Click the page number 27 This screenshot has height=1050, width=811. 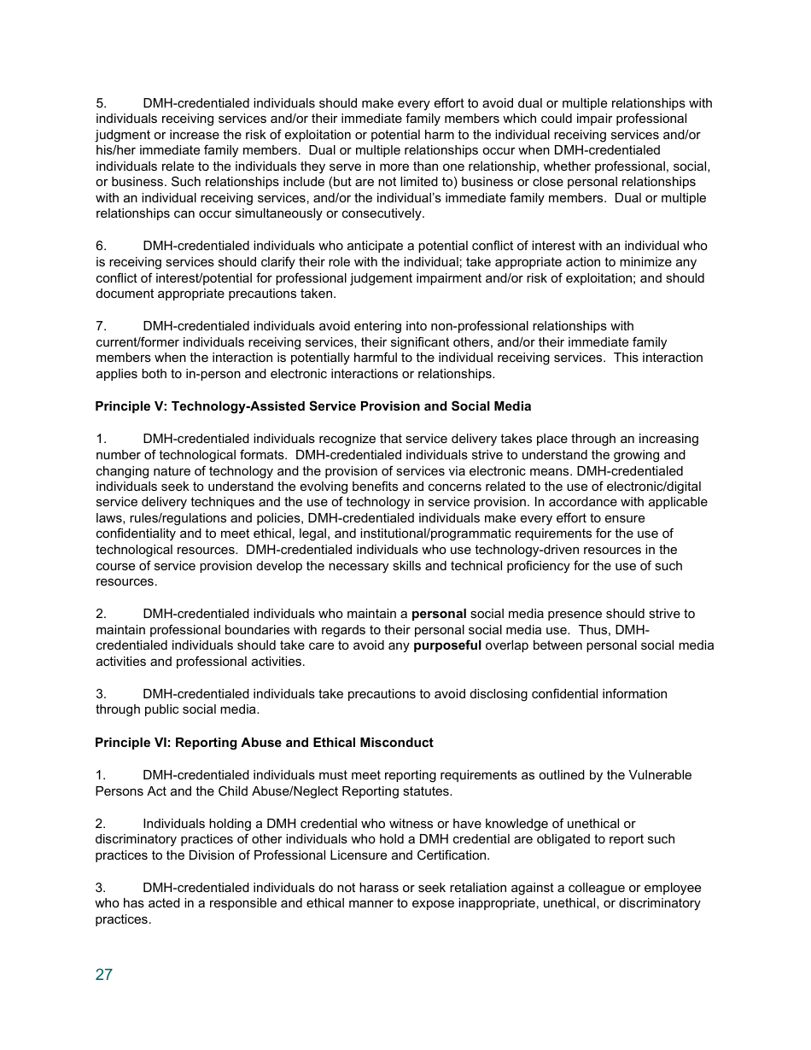tap(103, 975)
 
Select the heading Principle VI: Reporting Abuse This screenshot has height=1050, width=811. tap(264, 743)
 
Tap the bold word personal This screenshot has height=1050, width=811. tap(439, 614)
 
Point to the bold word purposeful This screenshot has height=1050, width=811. tap(447, 645)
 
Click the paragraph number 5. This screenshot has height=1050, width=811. tap(100, 103)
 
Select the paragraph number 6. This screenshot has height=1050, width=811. tap(100, 246)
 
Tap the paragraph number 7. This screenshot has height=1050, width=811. tap(100, 326)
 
